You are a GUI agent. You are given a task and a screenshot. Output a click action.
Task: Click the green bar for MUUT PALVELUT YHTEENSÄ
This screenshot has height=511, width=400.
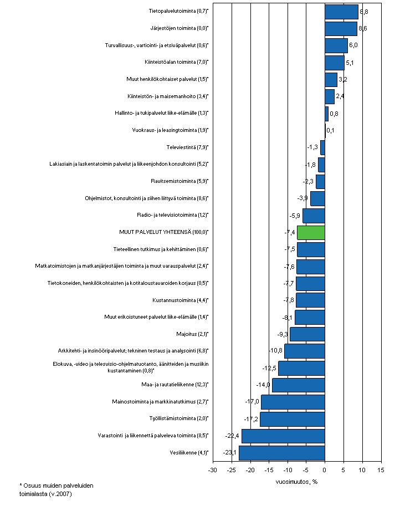(311, 232)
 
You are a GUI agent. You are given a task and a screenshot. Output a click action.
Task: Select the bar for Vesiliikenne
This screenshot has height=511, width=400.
(281, 453)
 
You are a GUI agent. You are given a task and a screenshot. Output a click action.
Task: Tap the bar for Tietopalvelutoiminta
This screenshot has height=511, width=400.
(341, 11)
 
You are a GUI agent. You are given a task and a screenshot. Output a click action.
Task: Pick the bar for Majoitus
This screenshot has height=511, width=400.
(307, 334)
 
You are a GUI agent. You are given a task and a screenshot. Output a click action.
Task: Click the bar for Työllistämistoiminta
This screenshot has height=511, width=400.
(292, 419)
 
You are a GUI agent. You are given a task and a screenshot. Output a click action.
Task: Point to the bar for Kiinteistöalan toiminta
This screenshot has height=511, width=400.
(334, 62)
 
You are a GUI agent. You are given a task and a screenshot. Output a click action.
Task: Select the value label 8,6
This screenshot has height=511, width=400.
(365, 28)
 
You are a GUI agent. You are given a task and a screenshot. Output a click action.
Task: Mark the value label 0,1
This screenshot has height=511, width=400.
(330, 131)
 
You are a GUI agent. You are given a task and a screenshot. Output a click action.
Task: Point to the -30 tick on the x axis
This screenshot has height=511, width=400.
(212, 470)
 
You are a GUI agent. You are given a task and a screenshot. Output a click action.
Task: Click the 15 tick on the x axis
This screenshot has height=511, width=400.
(381, 470)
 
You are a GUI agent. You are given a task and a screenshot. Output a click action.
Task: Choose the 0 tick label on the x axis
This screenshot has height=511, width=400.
(325, 470)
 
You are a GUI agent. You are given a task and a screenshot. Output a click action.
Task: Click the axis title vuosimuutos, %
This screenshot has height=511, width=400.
(296, 481)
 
